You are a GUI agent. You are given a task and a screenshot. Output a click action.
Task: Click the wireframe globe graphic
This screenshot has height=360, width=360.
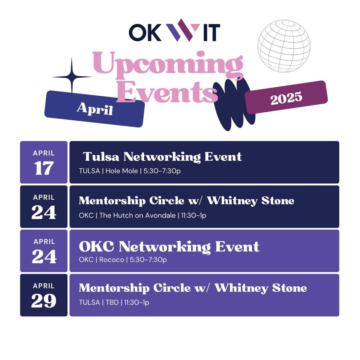coord(284,46)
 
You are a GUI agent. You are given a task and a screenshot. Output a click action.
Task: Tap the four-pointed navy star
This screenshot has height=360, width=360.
coord(72,77)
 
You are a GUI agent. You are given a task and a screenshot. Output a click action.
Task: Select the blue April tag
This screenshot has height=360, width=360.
coord(94,109)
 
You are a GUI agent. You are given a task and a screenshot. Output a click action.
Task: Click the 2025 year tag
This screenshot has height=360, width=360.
coord(286,97)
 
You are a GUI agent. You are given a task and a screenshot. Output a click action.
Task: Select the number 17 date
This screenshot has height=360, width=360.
coord(44,169)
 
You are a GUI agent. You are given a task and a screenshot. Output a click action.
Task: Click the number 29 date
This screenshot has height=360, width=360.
coord(44,301)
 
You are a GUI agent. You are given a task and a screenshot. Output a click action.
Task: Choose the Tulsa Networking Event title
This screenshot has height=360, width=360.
coord(162,157)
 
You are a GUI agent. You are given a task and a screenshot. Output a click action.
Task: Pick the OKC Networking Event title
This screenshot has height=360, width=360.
coord(169,247)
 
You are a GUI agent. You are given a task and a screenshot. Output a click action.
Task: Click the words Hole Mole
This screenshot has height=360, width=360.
coord(122,171)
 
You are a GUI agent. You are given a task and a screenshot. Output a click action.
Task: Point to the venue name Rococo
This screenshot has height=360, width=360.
coord(112,260)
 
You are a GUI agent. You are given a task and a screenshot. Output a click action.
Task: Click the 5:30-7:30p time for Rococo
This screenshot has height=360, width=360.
coord(148,260)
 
